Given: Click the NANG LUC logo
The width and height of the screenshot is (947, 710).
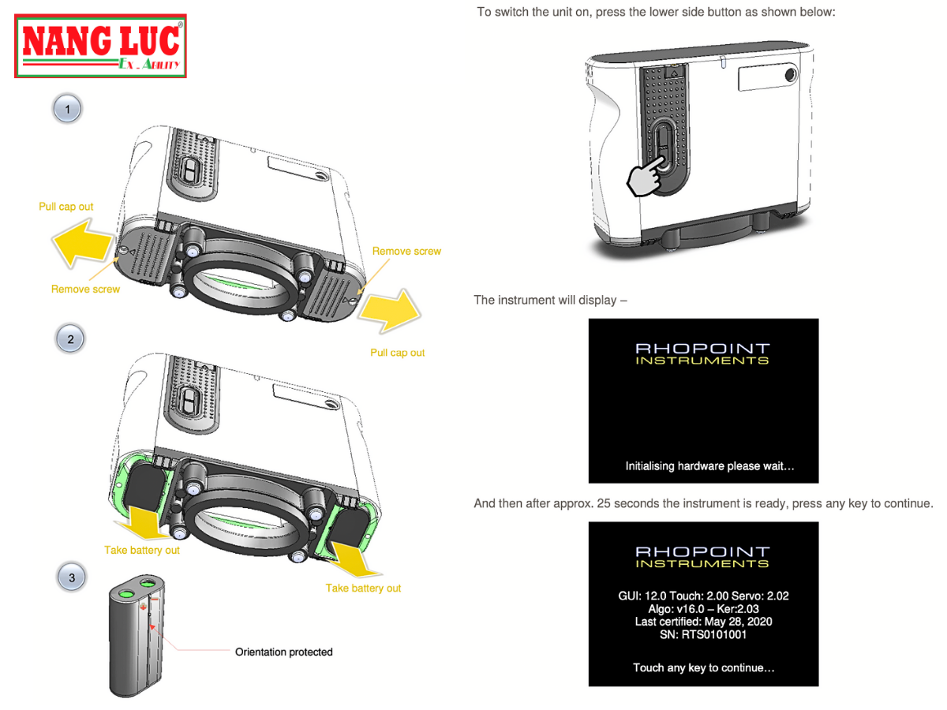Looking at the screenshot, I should pos(101,46).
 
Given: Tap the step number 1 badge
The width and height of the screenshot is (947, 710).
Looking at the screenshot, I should pos(67,109).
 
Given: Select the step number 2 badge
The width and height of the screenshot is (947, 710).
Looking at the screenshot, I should pos(70,339).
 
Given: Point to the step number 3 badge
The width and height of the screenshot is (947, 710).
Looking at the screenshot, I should pos(72,577).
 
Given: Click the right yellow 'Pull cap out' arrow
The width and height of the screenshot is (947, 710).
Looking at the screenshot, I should pos(387,312).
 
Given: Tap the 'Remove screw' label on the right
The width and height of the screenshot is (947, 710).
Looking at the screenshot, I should pos(406,251).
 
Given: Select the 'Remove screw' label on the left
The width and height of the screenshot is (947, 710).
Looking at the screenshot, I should pos(85,289).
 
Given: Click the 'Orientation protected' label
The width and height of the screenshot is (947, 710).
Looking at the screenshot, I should pos(284,652).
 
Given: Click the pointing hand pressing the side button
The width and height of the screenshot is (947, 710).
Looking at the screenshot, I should pos(647,175).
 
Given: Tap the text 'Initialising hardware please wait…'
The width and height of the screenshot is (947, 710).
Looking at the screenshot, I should pos(709,466).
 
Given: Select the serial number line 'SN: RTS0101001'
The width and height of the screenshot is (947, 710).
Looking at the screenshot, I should pos(702,634).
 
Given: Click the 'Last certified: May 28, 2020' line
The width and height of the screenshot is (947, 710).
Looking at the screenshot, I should pos(703,622).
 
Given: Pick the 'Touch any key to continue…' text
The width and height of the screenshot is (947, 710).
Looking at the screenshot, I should pos(703,667).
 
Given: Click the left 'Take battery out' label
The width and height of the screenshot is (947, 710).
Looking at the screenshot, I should pos(142,550).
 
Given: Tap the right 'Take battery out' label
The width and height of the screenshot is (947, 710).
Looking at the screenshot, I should pos(363,588).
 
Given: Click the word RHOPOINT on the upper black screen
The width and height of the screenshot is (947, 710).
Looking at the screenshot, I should pos(702,348).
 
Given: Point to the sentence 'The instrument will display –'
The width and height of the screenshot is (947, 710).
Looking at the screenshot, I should pos(550,300).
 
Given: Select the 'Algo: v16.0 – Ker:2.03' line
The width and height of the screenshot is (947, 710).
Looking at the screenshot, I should pos(703,609).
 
